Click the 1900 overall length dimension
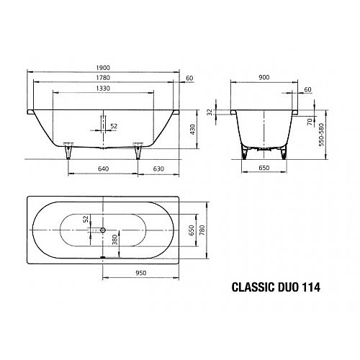click(x=103, y=68)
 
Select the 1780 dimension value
click(x=103, y=78)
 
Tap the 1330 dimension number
click(x=103, y=89)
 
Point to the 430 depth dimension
click(x=192, y=130)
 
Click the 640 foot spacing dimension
click(x=103, y=168)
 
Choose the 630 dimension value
click(x=158, y=168)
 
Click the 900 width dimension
click(x=264, y=77)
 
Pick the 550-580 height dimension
click(x=321, y=135)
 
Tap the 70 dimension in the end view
click(x=310, y=122)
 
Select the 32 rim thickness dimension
click(x=210, y=112)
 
